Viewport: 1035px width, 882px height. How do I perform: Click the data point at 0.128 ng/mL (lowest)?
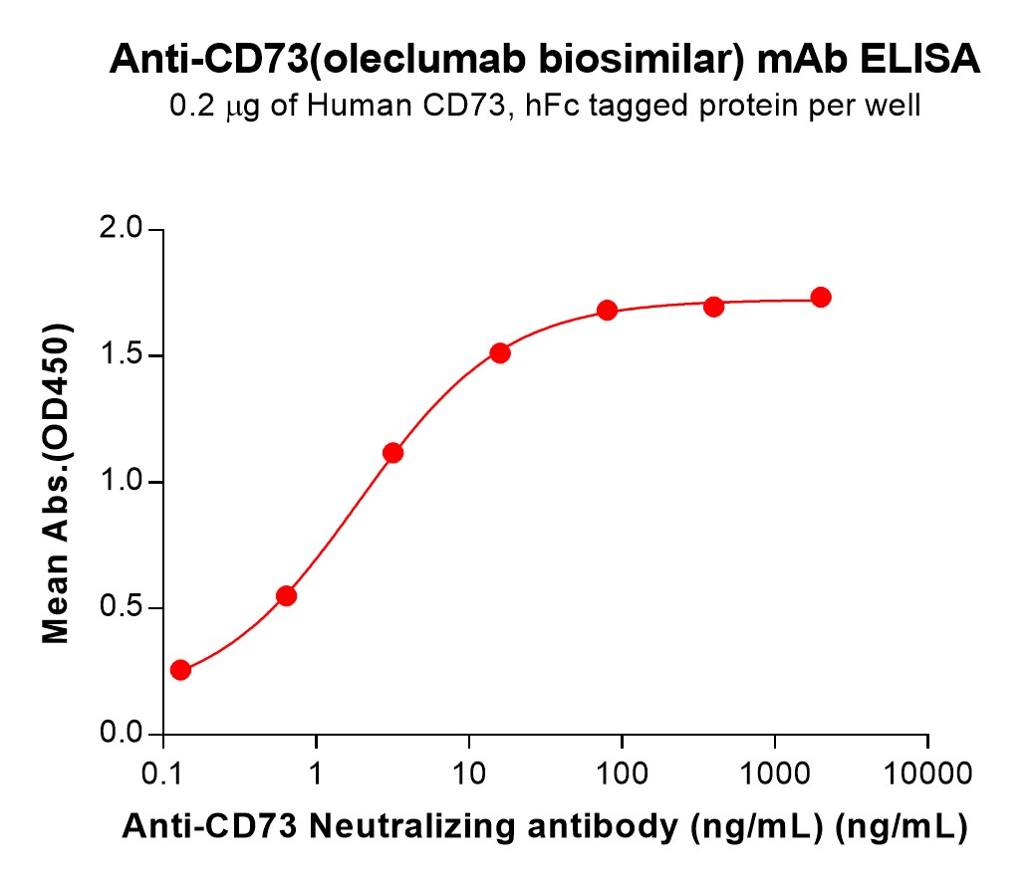pos(180,670)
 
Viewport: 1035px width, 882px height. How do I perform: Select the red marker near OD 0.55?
pos(286,596)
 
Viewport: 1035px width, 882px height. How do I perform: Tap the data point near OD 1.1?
pos(392,453)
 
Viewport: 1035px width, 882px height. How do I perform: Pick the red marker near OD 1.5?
pos(500,352)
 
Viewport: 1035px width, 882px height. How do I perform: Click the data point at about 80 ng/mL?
pos(607,311)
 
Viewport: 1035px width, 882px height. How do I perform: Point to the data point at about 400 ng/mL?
pos(713,306)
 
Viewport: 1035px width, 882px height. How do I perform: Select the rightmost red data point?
pos(821,297)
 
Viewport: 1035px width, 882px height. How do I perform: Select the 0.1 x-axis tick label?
pos(162,772)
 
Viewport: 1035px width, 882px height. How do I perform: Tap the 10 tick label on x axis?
pos(469,772)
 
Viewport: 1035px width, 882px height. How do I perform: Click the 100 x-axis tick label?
pos(622,772)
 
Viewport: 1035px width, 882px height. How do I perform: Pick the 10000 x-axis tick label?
pos(928,772)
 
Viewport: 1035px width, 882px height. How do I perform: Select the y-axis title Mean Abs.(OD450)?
pos(57,483)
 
